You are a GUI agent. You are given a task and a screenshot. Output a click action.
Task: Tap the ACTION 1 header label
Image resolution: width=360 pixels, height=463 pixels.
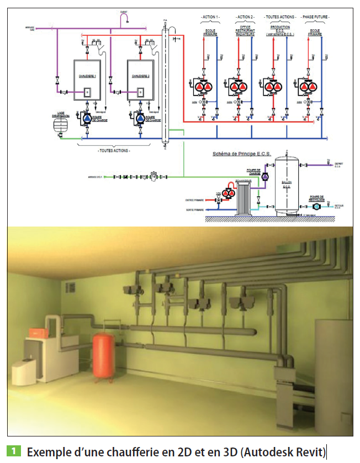click(x=210, y=18)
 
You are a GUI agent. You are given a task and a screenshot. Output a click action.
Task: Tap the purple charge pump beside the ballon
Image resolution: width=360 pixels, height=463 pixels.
click(x=265, y=176)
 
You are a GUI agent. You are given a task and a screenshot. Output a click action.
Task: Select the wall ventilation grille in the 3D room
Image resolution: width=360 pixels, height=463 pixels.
click(x=70, y=287)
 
